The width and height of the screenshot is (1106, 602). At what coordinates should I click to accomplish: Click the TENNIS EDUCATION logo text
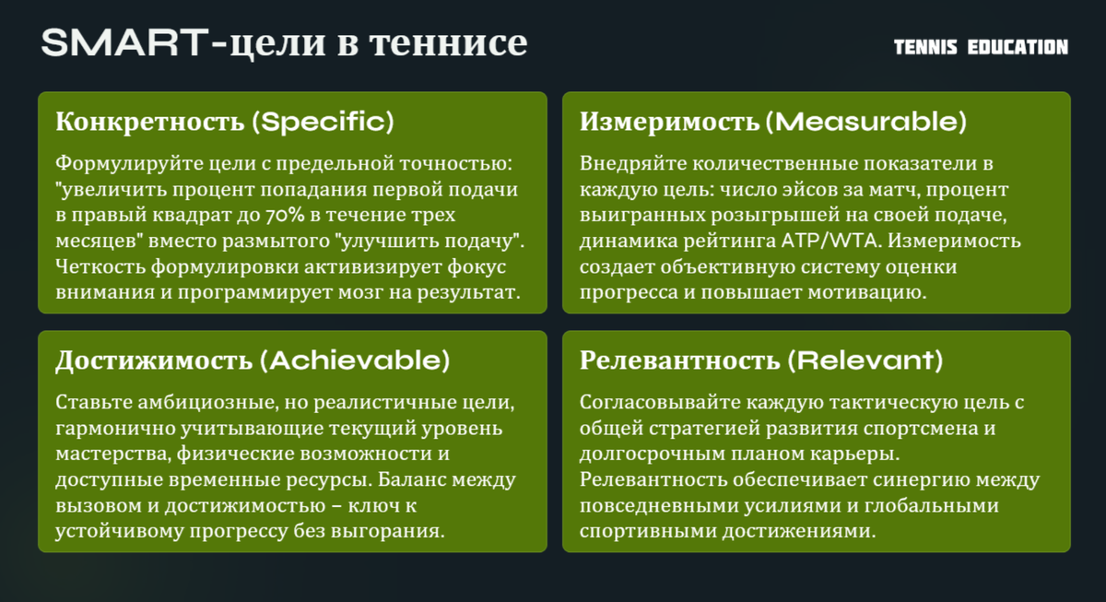coord(981,47)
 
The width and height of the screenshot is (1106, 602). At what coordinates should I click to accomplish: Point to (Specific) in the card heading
coord(323,122)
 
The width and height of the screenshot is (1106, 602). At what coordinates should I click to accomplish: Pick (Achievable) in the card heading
coord(355,360)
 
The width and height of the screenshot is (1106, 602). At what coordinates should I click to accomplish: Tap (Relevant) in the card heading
coord(865,360)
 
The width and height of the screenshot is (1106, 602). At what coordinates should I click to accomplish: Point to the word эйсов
coord(836,190)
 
